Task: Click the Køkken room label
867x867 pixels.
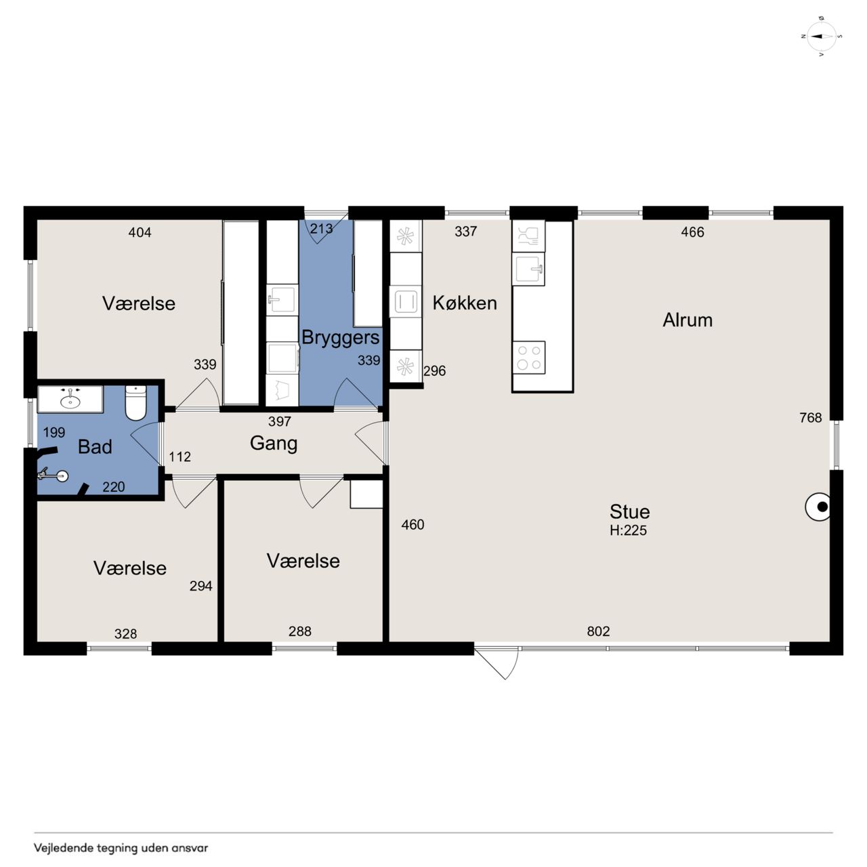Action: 465,303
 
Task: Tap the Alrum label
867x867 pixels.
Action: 687,320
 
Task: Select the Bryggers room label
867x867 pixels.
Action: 340,338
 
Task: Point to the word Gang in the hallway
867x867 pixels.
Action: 274,443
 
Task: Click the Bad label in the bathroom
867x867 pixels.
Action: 94,447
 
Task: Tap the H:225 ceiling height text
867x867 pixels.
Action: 628,530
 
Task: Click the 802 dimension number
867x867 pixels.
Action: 598,631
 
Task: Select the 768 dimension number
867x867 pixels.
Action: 810,417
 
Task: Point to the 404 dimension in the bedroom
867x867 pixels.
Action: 140,232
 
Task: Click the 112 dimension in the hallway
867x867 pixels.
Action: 179,457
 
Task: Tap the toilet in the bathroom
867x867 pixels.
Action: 135,402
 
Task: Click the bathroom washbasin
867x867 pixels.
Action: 70,399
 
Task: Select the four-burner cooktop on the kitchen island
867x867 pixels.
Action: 528,357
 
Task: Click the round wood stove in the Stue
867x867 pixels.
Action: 818,507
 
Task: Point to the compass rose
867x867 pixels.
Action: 821,37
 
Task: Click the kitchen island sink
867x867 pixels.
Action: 528,269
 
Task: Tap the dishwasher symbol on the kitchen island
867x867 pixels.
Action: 528,236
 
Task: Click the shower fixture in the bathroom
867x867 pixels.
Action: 53,474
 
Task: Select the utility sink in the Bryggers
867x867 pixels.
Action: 282,299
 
